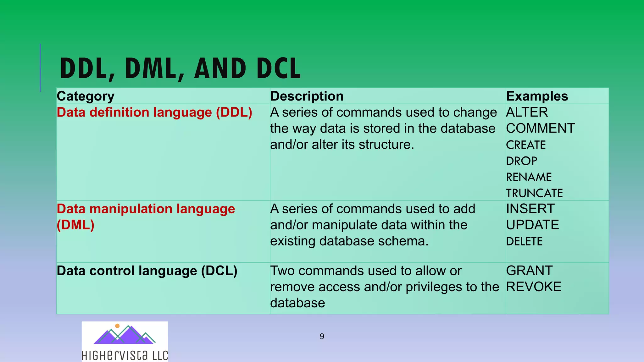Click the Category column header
point(86,96)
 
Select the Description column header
point(307,96)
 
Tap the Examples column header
point(537,96)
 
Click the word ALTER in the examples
point(527,112)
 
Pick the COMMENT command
point(540,129)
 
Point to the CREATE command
point(526,145)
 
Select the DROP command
point(521,161)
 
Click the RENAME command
point(529,177)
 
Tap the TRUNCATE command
point(534,193)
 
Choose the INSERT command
point(530,209)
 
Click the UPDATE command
point(532,225)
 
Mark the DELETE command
point(524,241)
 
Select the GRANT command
point(529,271)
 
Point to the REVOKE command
point(534,287)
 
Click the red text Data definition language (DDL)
point(154,112)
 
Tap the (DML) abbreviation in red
point(75,225)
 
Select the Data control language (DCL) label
point(147,271)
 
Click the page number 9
point(322,337)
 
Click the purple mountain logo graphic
point(124,335)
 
